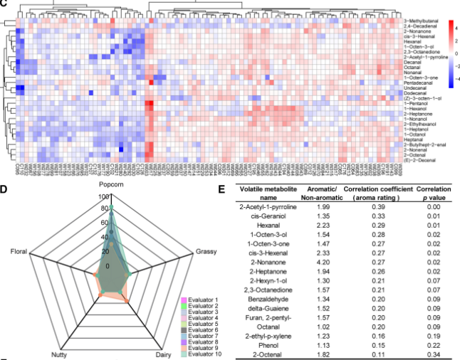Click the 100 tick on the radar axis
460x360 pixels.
[x=105, y=197]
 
